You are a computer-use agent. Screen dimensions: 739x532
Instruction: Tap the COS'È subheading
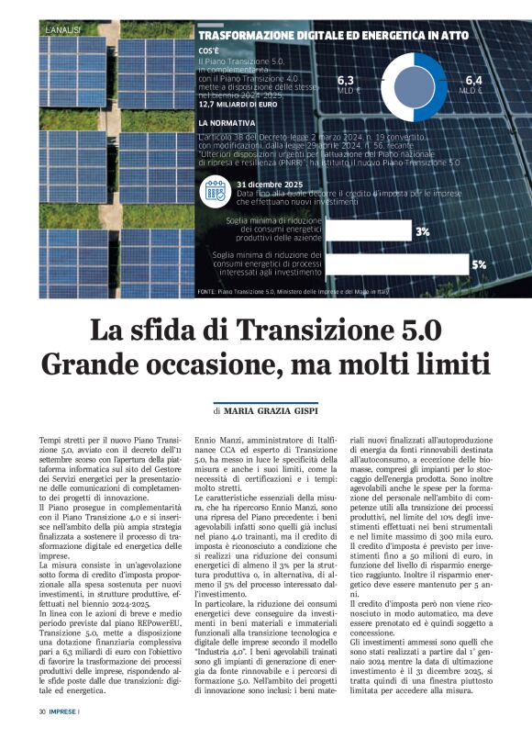208,49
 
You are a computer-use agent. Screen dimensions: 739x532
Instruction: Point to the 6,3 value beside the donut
347,81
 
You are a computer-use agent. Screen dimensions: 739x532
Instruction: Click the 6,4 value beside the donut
473,81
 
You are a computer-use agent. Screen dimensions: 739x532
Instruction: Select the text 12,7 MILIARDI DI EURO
238,105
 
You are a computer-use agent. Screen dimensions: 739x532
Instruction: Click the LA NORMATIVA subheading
226,122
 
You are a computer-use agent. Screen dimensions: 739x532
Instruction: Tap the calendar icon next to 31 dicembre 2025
215,190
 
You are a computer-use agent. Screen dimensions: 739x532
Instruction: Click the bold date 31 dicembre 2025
273,185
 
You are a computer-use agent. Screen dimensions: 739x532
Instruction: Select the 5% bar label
478,265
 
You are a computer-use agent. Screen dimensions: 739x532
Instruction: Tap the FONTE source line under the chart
293,292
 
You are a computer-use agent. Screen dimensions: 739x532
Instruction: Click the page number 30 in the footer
42,711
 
